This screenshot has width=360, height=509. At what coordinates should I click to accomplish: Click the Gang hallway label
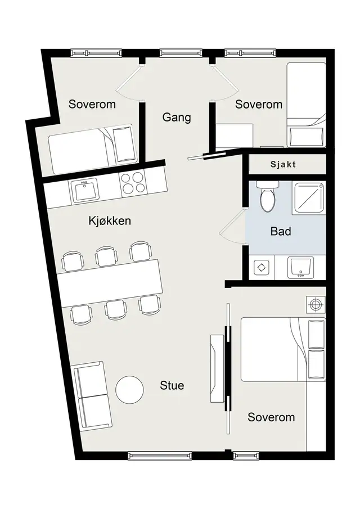(176, 117)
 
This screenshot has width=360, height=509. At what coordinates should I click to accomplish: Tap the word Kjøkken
(110, 220)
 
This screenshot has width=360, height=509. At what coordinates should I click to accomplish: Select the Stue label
(172, 385)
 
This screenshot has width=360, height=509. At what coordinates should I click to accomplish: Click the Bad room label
(281, 231)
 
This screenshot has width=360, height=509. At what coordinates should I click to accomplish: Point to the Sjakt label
(283, 164)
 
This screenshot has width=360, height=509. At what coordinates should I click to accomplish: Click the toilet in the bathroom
(268, 197)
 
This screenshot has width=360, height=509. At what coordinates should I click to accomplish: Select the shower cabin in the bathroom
(308, 197)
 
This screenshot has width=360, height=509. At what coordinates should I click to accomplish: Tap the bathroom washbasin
(300, 268)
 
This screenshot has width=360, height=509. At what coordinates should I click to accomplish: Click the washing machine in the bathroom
(262, 268)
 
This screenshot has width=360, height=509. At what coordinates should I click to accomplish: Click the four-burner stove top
(133, 183)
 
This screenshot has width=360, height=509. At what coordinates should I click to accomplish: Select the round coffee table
(129, 390)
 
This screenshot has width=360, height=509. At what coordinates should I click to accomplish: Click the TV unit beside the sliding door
(217, 368)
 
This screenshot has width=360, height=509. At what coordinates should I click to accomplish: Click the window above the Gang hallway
(181, 53)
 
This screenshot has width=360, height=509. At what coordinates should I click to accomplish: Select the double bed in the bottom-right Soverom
(283, 349)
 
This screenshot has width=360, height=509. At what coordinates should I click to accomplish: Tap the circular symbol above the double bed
(315, 304)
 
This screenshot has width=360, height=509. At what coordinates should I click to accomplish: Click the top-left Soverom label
(92, 104)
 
